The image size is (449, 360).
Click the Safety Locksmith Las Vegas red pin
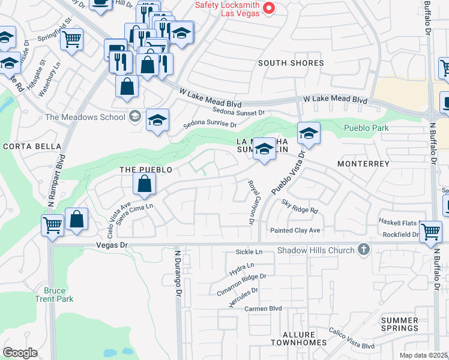click(270, 8)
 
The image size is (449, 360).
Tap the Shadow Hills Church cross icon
click(363, 249)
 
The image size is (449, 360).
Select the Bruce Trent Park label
click(54, 295)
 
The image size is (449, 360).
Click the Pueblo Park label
click(366, 128)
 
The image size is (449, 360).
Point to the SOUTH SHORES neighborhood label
click(291, 63)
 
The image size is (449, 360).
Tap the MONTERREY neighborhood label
click(364, 164)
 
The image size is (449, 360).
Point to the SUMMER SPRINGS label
click(400, 324)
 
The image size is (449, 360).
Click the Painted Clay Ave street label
click(295, 230)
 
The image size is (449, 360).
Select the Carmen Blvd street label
click(263, 308)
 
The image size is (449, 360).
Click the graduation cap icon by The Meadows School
click(158, 120)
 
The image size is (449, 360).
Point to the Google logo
click(20, 352)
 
